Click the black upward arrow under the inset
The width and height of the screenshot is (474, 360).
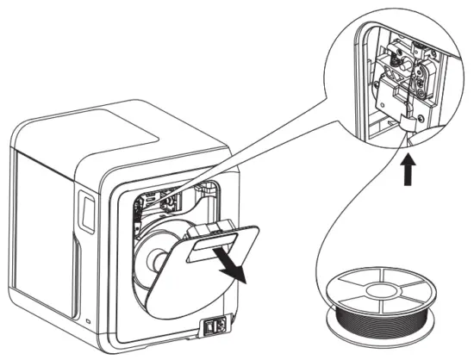[x=408, y=173]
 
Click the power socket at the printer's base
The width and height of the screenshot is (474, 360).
[x=215, y=328]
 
